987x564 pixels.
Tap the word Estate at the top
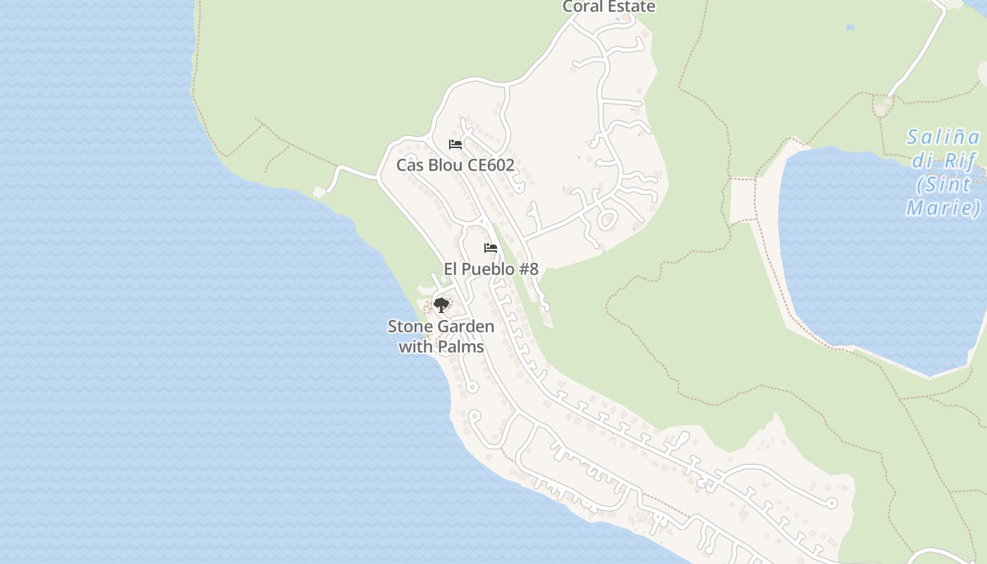point(632,7)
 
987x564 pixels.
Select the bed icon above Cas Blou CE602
point(455,145)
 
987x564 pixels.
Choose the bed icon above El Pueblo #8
point(491,248)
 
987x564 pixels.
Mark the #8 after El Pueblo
point(529,269)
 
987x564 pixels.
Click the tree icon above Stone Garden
point(441,305)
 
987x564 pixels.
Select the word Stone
point(410,327)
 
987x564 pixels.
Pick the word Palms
point(462,347)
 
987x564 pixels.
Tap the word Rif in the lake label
point(962,161)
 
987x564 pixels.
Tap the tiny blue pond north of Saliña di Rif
point(850,27)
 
